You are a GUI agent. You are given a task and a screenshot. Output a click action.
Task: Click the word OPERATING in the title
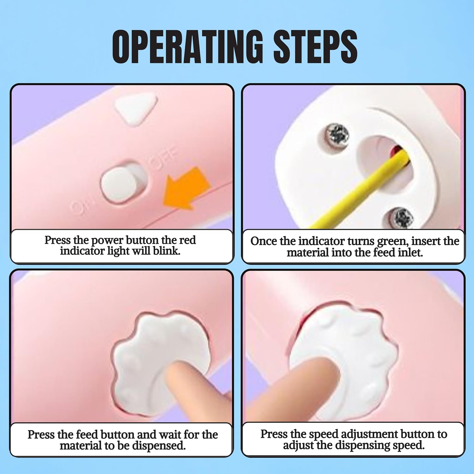[x=187, y=47]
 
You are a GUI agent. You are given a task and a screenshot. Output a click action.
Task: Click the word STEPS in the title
[x=315, y=47]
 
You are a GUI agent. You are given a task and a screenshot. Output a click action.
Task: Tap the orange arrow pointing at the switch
[x=186, y=188]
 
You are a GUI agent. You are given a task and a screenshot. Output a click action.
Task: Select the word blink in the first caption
[x=167, y=251]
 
